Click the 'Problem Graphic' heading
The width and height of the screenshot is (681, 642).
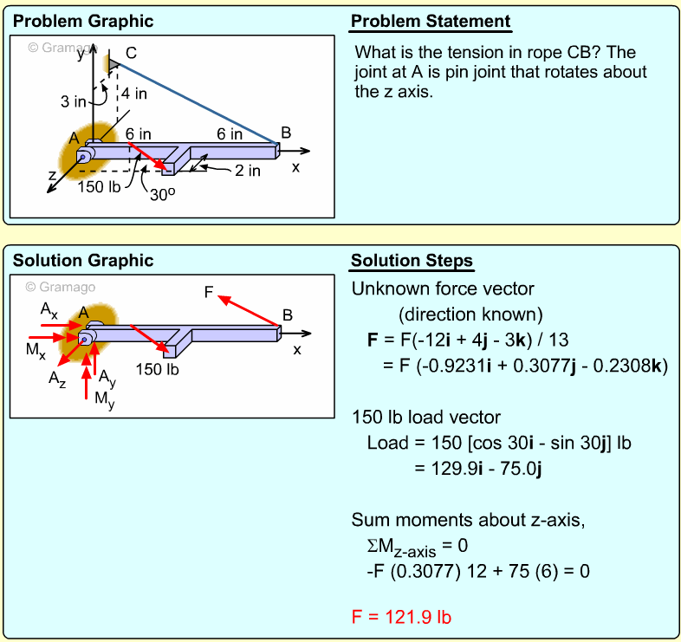coord(83,21)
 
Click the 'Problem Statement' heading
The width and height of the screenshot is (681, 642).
coord(431,21)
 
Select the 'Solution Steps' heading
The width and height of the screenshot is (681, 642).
coord(412,261)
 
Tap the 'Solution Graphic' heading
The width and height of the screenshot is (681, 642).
coord(83,261)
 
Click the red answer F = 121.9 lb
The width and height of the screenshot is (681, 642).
coord(401,618)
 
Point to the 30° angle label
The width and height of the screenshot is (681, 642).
coord(162,195)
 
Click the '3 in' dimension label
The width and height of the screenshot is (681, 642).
coord(74,101)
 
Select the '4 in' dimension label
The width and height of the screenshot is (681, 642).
coord(133,94)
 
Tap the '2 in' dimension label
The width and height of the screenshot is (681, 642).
coord(247,171)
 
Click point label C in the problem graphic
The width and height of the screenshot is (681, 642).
coord(131,52)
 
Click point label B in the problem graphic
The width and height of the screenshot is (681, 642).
coord(286,133)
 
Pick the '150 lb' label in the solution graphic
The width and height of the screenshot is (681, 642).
coord(157,369)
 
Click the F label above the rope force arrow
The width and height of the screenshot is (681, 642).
coord(209,292)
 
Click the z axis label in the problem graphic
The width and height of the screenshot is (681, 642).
coord(53,176)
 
